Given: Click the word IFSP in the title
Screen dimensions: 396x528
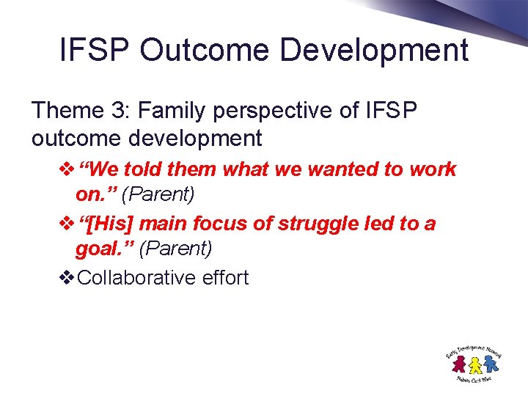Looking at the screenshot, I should (95, 51).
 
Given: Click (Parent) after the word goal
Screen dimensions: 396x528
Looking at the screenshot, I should (175, 249).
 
